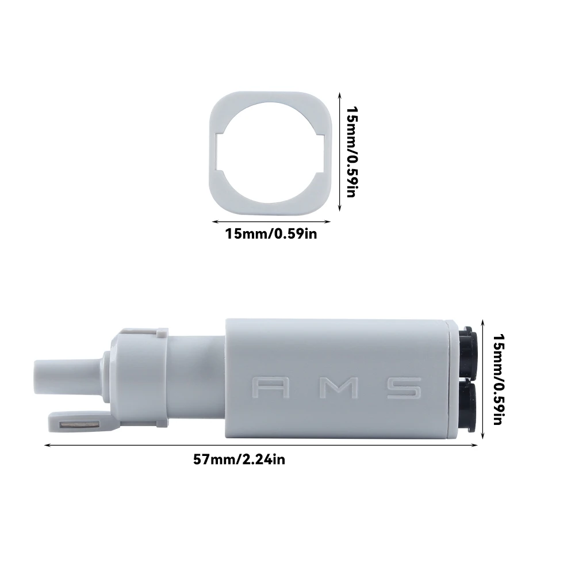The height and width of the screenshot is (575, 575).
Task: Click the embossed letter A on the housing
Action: pyautogui.click(x=271, y=388)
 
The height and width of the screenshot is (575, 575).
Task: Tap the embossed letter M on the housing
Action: pyautogui.click(x=339, y=388)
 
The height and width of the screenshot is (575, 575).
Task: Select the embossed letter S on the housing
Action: pyautogui.click(x=404, y=388)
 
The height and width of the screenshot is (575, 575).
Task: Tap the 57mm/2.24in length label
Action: pyautogui.click(x=239, y=459)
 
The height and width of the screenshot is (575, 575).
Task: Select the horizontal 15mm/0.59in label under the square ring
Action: pyautogui.click(x=271, y=233)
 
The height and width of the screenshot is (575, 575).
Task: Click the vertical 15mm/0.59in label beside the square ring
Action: pyautogui.click(x=352, y=152)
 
